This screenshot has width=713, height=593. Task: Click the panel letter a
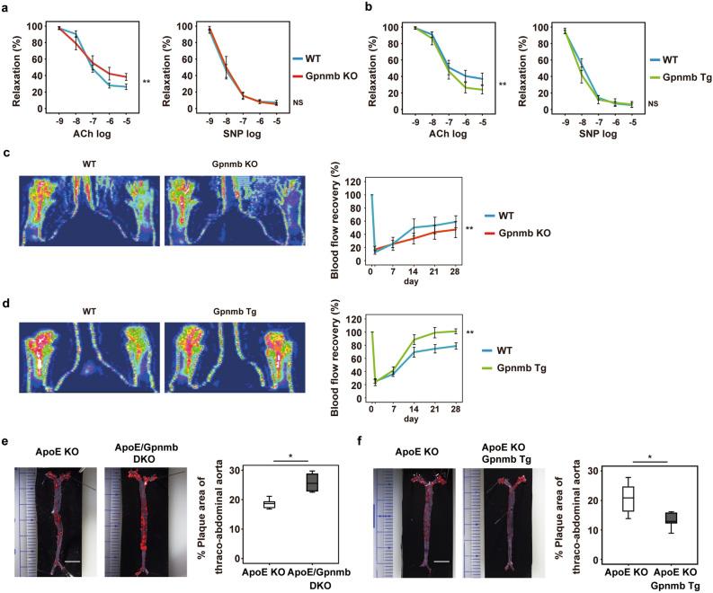coord(7,6)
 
